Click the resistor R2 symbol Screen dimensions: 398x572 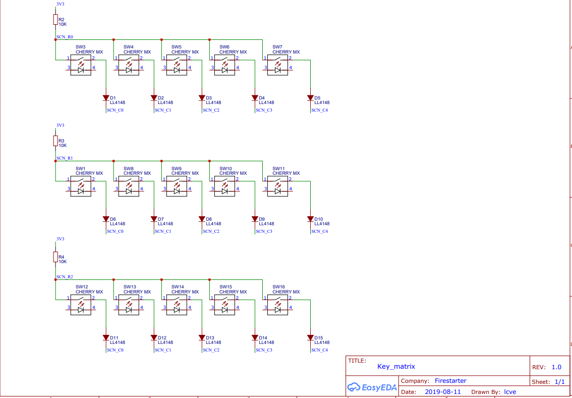tap(55, 20)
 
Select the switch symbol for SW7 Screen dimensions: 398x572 tap(277, 66)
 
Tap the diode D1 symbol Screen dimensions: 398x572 tap(106, 98)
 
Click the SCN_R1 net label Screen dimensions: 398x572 tap(65, 158)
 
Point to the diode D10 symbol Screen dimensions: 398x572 tap(310, 219)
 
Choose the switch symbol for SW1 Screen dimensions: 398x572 tap(80, 187)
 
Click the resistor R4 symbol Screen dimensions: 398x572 tap(55, 257)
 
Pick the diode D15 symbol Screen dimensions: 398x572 tap(310, 338)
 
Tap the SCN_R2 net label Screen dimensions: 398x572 tap(65, 277)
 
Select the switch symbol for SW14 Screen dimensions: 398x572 tap(176, 306)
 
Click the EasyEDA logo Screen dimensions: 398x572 tap(372, 387)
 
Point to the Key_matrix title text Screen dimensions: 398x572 tap(396, 367)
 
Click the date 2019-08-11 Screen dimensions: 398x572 tap(443, 391)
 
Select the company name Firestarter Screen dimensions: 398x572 tap(450, 381)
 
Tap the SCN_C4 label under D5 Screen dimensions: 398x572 tap(319, 110)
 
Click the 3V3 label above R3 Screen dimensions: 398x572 tap(60, 125)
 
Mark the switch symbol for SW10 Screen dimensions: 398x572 tap(224, 187)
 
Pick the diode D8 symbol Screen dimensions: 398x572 tap(202, 219)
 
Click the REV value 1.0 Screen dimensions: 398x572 tap(556, 367)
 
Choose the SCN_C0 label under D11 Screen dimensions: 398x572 tap(115, 350)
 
